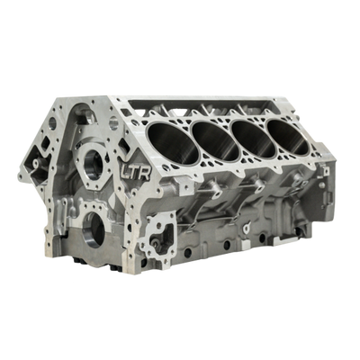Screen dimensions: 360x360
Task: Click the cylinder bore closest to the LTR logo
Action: pyautogui.click(x=173, y=143)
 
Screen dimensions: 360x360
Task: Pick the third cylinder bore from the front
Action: pyautogui.click(x=254, y=139)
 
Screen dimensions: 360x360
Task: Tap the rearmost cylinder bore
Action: pyautogui.click(x=288, y=137)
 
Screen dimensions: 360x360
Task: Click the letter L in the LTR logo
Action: pyautogui.click(x=125, y=172)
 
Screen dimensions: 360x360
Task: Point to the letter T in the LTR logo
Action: pyautogui.click(x=134, y=173)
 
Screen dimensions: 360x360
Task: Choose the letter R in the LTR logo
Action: pyautogui.click(x=144, y=174)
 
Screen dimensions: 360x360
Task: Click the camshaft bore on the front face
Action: pyautogui.click(x=94, y=165)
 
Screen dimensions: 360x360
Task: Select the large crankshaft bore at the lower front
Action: pyautogui.click(x=94, y=229)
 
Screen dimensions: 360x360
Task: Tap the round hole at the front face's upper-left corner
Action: pyautogui.click(x=52, y=123)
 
